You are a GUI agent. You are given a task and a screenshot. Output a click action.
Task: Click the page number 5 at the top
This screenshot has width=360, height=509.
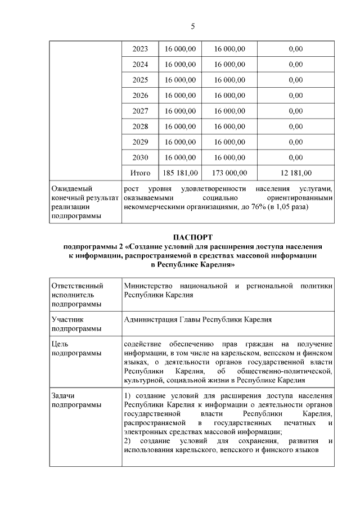(192, 26)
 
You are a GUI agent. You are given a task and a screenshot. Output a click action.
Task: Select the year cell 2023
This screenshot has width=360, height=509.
(140, 49)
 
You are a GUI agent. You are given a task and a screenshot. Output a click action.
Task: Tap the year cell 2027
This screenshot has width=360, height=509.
(140, 111)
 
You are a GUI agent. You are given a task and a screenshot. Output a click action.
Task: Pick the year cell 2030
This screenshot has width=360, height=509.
(140, 157)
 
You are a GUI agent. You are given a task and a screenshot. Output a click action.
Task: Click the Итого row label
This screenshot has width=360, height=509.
(140, 173)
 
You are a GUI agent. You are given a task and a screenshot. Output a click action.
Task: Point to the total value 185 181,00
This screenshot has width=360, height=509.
(180, 173)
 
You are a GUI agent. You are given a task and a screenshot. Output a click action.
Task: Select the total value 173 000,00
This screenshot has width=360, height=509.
(229, 173)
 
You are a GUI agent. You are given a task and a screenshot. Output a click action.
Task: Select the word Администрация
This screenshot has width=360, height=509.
(150, 319)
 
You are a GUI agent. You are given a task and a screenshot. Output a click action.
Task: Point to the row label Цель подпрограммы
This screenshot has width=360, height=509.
(76, 348)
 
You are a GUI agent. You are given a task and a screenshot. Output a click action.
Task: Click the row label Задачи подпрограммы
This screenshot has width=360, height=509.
(76, 400)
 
